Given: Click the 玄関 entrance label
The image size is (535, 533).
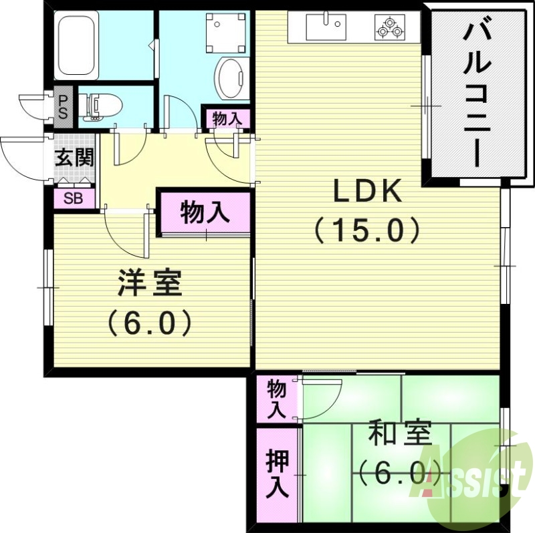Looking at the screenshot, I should pyautogui.click(x=74, y=159).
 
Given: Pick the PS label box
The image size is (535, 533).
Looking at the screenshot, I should pyautogui.click(x=62, y=107).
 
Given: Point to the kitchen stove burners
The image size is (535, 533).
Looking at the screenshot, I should pyautogui.click(x=390, y=28).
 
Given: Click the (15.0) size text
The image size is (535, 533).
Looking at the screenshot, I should pyautogui.click(x=367, y=230).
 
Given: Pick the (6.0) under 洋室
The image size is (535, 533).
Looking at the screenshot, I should pyautogui.click(x=150, y=323).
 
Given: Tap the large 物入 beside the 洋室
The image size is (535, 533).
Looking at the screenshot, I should pyautogui.click(x=205, y=213).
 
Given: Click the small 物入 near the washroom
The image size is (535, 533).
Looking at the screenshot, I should pyautogui.click(x=226, y=119).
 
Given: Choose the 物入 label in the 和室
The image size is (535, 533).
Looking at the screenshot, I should pyautogui.click(x=276, y=399).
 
